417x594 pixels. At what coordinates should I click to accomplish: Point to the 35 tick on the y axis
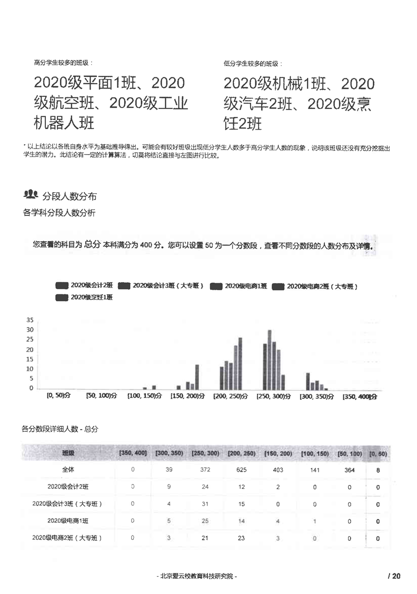[30, 320]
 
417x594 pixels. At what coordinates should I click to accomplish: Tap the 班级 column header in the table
[68, 453]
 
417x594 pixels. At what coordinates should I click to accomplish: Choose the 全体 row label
[68, 470]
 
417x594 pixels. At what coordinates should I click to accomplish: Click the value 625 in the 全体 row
[242, 470]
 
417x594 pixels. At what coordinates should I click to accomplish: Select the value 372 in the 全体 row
[205, 470]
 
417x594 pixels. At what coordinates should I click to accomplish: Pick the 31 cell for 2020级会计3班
[205, 504]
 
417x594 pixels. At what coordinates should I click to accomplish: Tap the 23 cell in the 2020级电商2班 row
[242, 538]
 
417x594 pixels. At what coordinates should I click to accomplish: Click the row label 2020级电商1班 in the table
[68, 521]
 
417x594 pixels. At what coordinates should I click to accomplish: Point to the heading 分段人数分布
[69, 196]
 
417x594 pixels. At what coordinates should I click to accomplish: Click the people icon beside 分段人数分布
[31, 195]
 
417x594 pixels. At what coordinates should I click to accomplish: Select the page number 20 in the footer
[396, 576]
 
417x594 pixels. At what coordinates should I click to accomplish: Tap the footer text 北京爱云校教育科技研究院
[197, 576]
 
